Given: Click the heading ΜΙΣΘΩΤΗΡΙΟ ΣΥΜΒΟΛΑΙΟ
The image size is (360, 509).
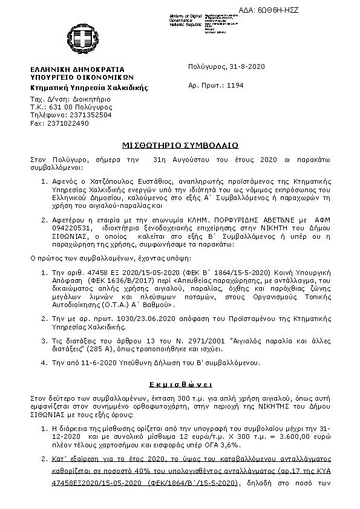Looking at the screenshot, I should point(179,145).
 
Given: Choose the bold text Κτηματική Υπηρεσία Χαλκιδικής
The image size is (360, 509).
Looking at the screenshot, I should point(89,88).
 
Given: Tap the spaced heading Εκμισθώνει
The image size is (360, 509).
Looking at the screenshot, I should point(179,384).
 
